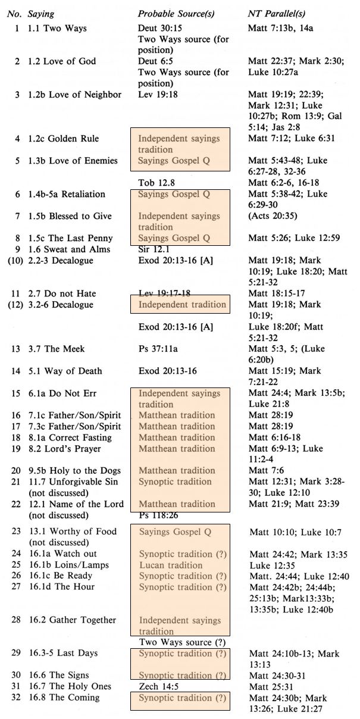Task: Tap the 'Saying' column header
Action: point(40,13)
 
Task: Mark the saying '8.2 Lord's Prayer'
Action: point(65,448)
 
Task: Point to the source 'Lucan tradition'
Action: point(171,565)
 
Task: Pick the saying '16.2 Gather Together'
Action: point(72,620)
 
